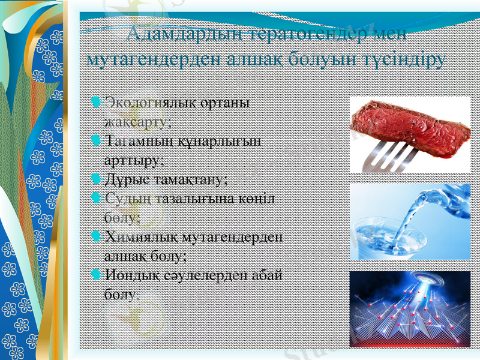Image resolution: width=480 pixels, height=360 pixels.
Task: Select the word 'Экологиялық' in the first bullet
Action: (142, 102)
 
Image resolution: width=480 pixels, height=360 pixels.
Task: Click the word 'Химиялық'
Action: (133, 236)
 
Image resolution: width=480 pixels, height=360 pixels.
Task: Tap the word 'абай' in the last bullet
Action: (268, 275)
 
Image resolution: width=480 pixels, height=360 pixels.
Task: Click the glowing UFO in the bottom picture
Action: (412, 282)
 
